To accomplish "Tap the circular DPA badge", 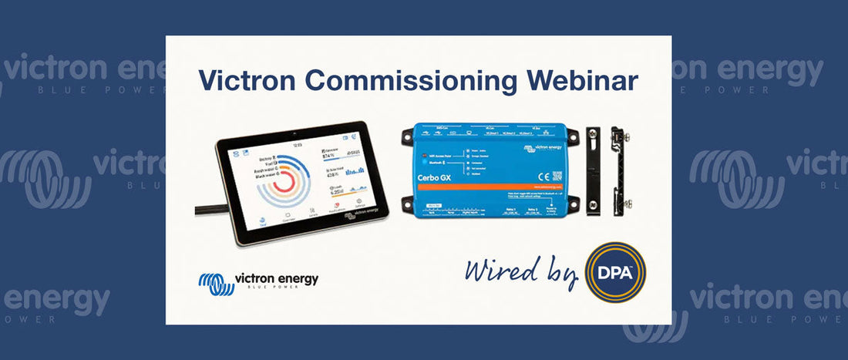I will point(615,272).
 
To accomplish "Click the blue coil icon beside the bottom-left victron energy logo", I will point(217,283).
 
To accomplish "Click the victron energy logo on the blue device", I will point(544,144).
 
